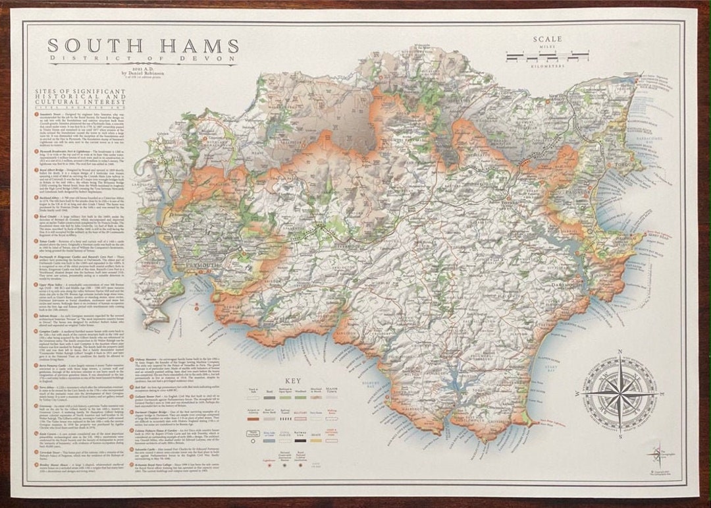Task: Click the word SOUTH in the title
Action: pos(92,45)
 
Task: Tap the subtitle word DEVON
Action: pos(213,59)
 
